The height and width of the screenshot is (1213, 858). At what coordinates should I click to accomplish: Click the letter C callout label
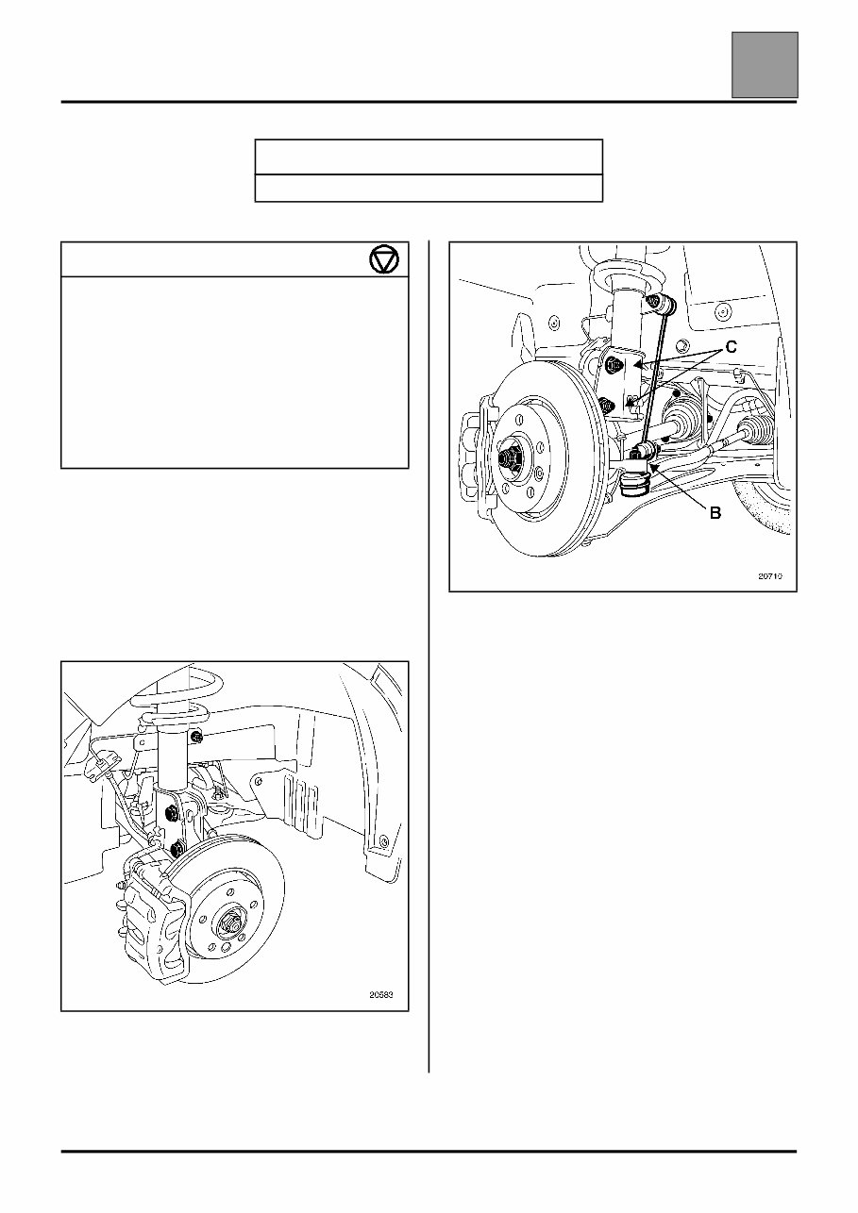pos(732,348)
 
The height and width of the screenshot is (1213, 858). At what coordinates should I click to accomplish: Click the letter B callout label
pos(715,513)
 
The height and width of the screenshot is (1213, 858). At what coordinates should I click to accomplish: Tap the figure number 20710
pos(769,573)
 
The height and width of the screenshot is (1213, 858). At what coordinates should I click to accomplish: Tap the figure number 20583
pos(382,993)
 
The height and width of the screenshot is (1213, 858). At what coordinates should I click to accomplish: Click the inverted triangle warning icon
pos(384,259)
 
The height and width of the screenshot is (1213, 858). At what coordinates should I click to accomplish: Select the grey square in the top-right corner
pos(765,64)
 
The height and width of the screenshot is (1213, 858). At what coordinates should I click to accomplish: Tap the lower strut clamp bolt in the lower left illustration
pos(177,848)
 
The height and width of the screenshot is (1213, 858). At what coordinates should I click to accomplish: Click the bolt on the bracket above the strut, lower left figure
pos(196,736)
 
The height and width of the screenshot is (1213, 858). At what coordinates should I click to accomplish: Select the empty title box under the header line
pos(429,157)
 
